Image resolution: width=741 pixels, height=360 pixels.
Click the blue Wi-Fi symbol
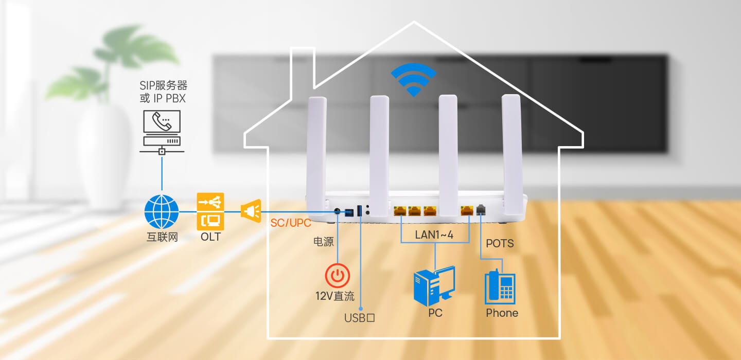coord(414,79)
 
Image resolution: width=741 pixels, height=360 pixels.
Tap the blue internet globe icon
coord(162,211)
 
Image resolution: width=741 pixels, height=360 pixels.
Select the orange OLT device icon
coord(210,211)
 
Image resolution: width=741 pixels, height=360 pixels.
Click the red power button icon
coord(338,275)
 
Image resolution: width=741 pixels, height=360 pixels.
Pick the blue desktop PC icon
coord(434,286)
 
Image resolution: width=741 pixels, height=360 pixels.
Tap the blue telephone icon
coord(500,287)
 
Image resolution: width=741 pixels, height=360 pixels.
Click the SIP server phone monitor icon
coord(162,132)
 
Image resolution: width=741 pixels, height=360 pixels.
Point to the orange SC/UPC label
coord(290,223)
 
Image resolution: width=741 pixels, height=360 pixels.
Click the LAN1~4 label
coord(434,235)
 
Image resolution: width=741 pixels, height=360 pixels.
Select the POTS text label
coord(500,244)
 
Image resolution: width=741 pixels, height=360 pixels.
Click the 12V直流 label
coord(335,296)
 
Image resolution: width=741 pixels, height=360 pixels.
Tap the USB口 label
coord(360,318)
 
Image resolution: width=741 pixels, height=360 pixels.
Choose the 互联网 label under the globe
coord(162,237)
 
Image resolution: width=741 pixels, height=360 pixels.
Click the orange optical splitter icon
coord(251,210)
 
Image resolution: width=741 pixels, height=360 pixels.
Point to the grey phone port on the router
coord(481,210)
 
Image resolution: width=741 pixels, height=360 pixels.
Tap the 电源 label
coord(324,242)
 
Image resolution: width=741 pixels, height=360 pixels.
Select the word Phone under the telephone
coord(502,313)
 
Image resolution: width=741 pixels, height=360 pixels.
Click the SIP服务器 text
coord(164,85)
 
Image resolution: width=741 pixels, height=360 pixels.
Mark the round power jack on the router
coord(337,211)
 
